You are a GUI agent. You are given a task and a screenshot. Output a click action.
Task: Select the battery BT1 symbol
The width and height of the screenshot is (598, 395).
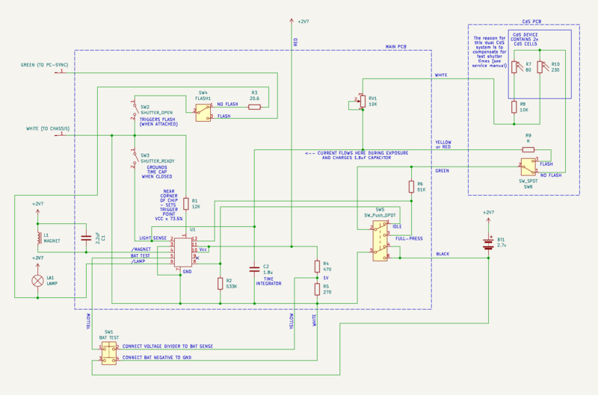point(487,242)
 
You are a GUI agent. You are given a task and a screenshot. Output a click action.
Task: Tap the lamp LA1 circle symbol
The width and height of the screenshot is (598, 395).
point(37,281)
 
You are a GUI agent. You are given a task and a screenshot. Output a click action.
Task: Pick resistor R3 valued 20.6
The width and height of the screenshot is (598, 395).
point(254,107)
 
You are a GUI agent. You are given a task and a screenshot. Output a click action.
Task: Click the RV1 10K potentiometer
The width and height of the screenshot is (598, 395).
point(362,101)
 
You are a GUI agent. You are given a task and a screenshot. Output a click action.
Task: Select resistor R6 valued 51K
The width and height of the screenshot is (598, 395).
point(410,186)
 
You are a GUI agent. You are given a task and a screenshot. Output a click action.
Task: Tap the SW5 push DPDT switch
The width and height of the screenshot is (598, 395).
point(380,237)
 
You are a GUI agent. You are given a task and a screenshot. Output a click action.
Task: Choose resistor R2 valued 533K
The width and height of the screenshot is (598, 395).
point(220,283)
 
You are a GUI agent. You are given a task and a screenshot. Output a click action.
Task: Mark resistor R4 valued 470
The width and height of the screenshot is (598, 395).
point(316,266)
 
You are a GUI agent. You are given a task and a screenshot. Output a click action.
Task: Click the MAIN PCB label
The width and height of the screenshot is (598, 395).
point(395,46)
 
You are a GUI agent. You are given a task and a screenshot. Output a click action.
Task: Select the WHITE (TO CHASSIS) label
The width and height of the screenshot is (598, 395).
point(47,129)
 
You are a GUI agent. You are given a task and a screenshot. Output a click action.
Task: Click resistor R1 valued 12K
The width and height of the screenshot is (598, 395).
point(185,203)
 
